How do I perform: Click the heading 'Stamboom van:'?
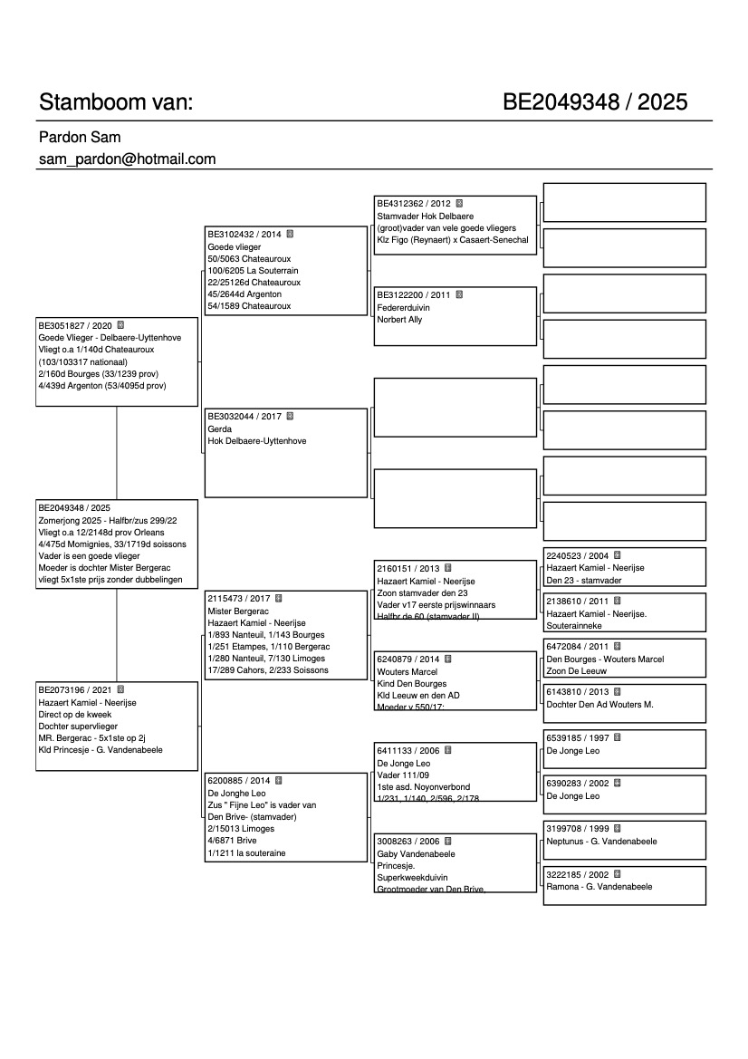(x=115, y=102)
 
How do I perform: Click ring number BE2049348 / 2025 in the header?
(x=595, y=102)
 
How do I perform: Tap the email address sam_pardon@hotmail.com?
(x=127, y=159)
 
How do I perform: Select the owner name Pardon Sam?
(x=80, y=138)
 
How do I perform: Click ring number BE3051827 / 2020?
(x=75, y=324)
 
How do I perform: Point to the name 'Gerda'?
(x=220, y=428)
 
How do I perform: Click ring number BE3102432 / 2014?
(x=245, y=234)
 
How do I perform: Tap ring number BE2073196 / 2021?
(x=75, y=689)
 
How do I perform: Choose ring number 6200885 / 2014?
(x=239, y=780)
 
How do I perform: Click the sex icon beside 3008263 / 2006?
(x=447, y=841)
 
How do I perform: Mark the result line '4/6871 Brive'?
(x=232, y=841)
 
